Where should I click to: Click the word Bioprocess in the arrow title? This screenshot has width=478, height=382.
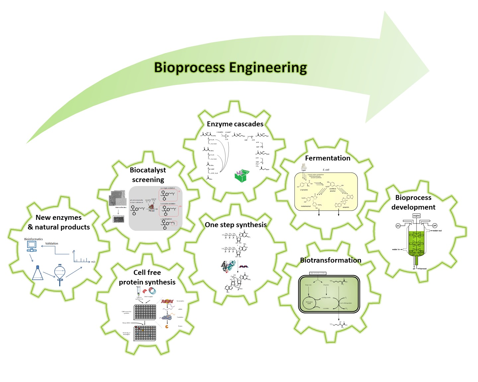(190, 67)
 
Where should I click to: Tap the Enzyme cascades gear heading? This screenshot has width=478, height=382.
(235, 124)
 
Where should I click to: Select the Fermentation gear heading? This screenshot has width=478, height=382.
(328, 158)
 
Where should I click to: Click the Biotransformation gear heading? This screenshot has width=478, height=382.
(331, 260)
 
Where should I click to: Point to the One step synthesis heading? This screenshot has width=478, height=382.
(236, 225)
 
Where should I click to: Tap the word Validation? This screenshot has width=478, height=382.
(52, 243)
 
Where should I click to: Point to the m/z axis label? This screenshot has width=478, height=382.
(93, 262)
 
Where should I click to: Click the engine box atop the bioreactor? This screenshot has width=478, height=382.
(416, 216)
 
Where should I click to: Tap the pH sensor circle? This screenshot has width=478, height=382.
(435, 226)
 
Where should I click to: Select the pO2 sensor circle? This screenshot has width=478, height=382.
(398, 226)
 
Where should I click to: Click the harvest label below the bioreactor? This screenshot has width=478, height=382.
(423, 269)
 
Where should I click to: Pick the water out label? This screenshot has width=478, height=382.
(437, 231)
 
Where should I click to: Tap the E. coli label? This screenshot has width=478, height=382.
(326, 170)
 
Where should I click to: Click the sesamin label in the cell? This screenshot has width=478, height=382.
(346, 207)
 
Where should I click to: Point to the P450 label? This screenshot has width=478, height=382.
(151, 211)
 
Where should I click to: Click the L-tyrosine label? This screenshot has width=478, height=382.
(304, 190)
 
